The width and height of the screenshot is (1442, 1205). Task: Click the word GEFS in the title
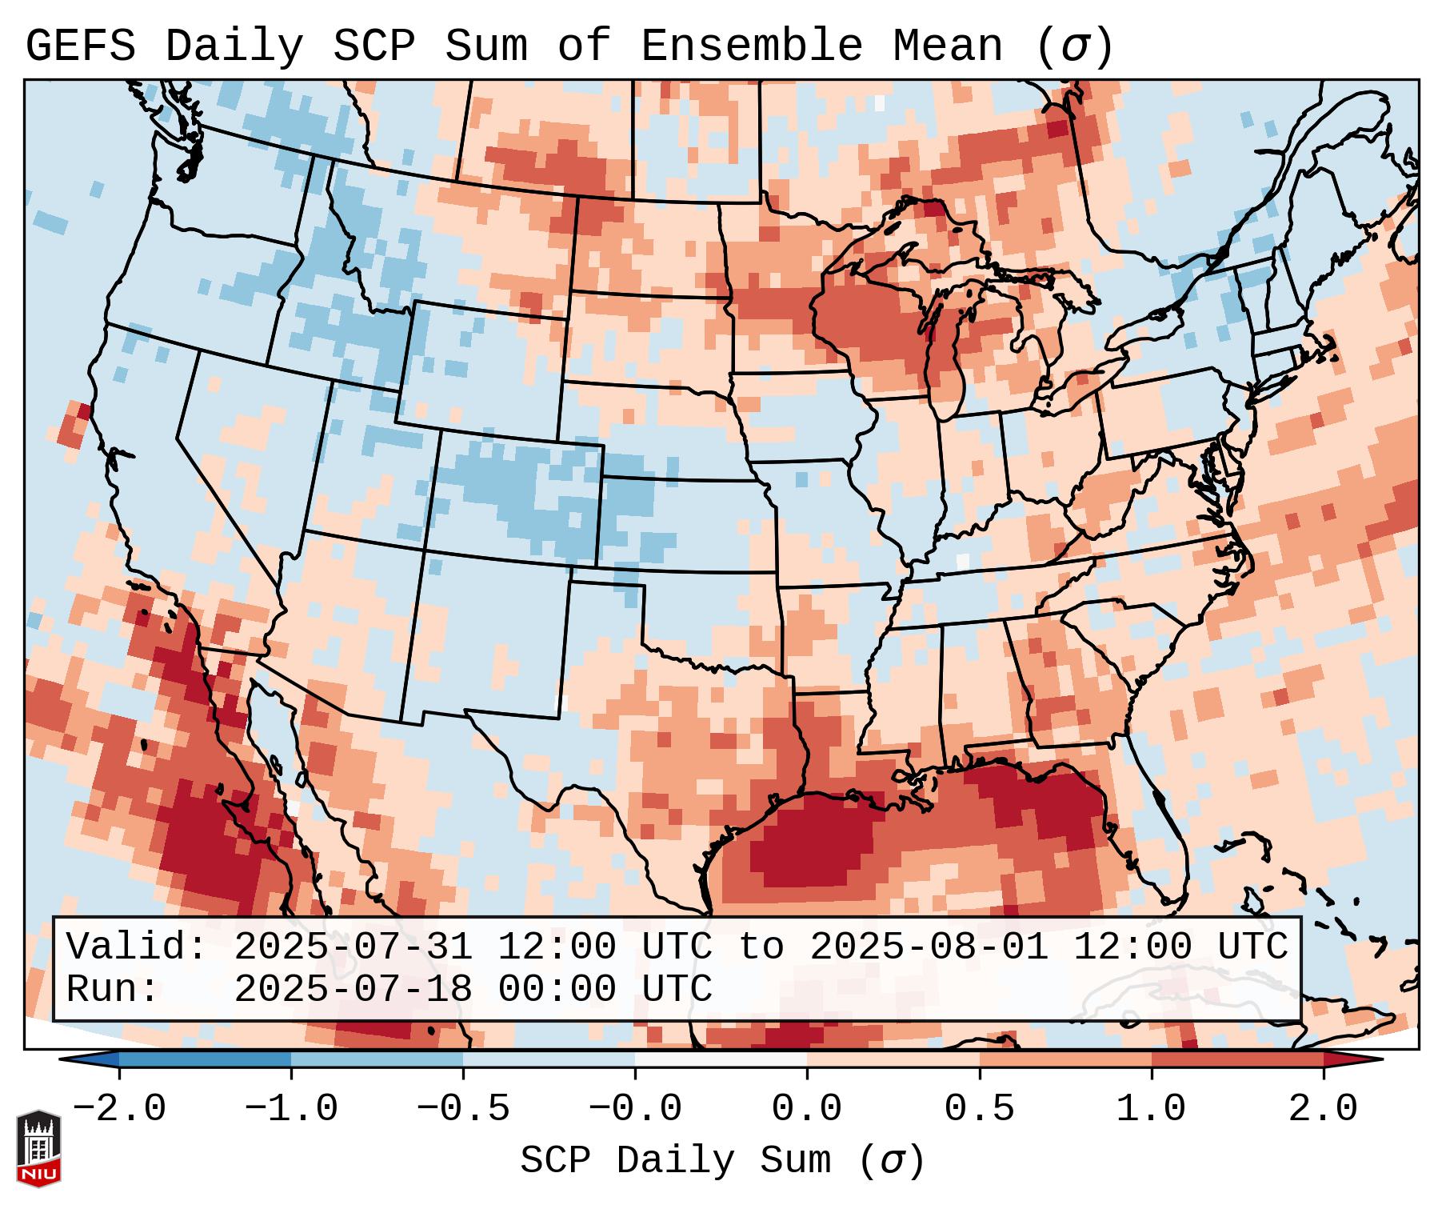click(x=80, y=46)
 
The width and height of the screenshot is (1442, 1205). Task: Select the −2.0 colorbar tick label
click(x=119, y=1109)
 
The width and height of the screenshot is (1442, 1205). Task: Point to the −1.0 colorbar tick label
click(x=291, y=1109)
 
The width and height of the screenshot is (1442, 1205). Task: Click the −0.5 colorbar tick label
click(x=463, y=1109)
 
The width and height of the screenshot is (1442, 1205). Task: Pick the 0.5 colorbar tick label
click(x=980, y=1109)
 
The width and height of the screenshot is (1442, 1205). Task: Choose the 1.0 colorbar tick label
click(x=1152, y=1109)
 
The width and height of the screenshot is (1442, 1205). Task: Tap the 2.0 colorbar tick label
click(x=1324, y=1109)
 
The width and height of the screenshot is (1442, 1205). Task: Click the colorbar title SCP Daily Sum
click(x=676, y=1161)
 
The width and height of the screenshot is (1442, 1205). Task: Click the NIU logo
click(x=38, y=1147)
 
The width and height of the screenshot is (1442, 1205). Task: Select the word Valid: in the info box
click(x=136, y=947)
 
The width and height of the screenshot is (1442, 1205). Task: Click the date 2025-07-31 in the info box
click(x=353, y=947)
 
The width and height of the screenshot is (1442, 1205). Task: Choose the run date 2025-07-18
click(x=353, y=989)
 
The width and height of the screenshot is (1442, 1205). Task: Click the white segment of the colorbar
click(x=721, y=1059)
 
